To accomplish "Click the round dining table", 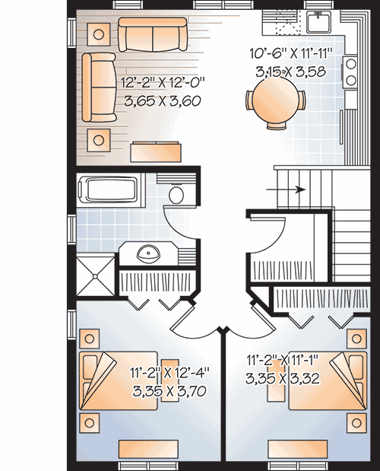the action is point(275,100).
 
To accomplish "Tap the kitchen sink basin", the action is point(318,22).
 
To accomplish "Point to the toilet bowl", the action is point(176,194).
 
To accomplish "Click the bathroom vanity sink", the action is point(148,254).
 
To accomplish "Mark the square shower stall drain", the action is point(95,276).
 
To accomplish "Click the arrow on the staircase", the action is point(286,189).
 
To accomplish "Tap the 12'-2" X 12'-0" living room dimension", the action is point(163,82).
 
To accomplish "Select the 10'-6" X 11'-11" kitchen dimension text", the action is point(291,54).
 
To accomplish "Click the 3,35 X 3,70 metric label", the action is point(169,391).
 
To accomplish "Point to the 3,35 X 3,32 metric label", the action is point(283,378).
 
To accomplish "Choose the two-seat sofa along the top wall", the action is point(153,34).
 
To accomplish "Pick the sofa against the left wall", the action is point(99,88).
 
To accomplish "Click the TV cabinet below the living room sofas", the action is point(156,151).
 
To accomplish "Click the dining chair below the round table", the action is point(276,126).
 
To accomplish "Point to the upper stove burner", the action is point(351,64).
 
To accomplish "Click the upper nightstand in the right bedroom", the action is point(356,339).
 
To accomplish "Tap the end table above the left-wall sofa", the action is point(98,34).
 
